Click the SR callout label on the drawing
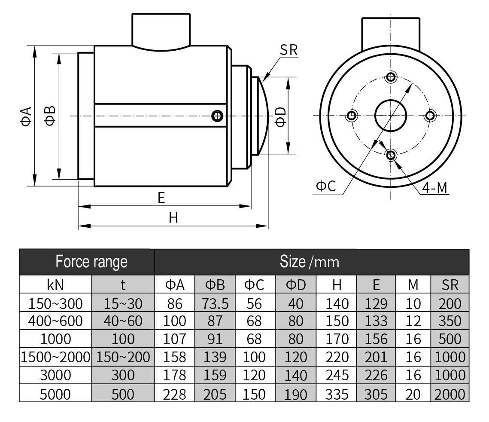pos(289,50)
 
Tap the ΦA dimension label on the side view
pos(26,116)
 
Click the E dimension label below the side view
pos(161,198)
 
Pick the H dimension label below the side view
pos(173,217)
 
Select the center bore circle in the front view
pos(391,115)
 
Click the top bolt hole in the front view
pos(391,77)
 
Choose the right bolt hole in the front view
pos(429,115)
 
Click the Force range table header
pos(91,261)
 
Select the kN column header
pos(55,284)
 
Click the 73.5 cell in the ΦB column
pos(215,303)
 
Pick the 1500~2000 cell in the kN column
pos(55,357)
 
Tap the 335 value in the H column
pos(337,394)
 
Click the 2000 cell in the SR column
pos(450,394)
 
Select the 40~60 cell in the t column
pos(123,321)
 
